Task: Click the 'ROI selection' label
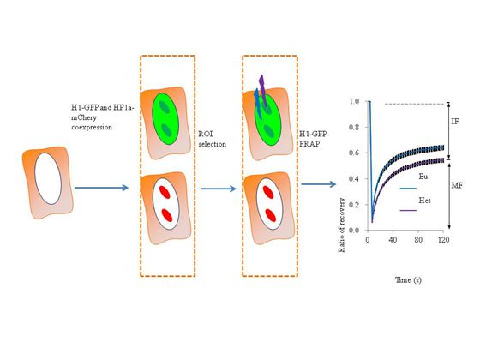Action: click(x=213, y=139)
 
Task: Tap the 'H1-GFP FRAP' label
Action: click(x=313, y=139)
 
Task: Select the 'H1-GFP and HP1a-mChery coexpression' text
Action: click(x=103, y=117)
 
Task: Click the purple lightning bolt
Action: click(x=262, y=90)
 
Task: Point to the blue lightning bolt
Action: click(x=258, y=104)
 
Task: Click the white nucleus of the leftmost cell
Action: click(x=48, y=178)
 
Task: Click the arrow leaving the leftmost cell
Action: click(x=102, y=188)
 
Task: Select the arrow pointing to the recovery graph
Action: click(x=319, y=184)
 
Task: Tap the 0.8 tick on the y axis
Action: click(x=354, y=127)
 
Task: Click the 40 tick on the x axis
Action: click(x=393, y=239)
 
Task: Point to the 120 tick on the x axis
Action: click(x=444, y=239)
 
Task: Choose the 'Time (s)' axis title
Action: click(x=408, y=279)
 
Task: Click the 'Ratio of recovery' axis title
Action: click(x=342, y=225)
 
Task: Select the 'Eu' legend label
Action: click(x=423, y=177)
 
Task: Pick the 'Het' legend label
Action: click(x=424, y=201)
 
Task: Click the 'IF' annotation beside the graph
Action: click(x=455, y=122)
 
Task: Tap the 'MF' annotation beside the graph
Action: click(x=457, y=185)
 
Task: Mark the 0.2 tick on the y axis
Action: click(x=354, y=205)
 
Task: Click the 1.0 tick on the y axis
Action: click(x=354, y=101)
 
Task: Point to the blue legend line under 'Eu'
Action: click(x=408, y=189)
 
